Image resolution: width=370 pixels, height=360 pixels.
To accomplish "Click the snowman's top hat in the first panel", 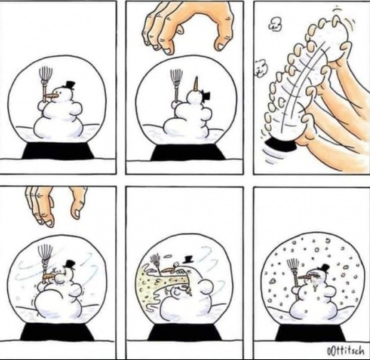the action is point(70,85).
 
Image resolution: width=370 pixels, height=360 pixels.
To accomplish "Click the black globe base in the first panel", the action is point(58,150).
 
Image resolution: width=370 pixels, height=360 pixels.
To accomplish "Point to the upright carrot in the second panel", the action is point(196,85).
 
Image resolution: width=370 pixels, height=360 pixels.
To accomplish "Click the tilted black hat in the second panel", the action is point(206,95).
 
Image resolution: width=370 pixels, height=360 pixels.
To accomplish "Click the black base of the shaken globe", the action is point(281,144).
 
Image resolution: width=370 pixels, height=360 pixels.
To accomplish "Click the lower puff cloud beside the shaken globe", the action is point(260,68).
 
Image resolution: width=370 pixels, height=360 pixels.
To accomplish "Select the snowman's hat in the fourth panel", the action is point(70,264).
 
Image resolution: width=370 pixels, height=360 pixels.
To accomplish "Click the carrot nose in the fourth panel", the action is point(50,276).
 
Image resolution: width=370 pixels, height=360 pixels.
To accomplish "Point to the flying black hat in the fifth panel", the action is point(188,259).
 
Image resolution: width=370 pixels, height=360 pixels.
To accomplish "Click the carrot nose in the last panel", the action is point(306,275).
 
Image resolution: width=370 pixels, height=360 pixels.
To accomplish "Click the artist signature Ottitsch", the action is point(345,351).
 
